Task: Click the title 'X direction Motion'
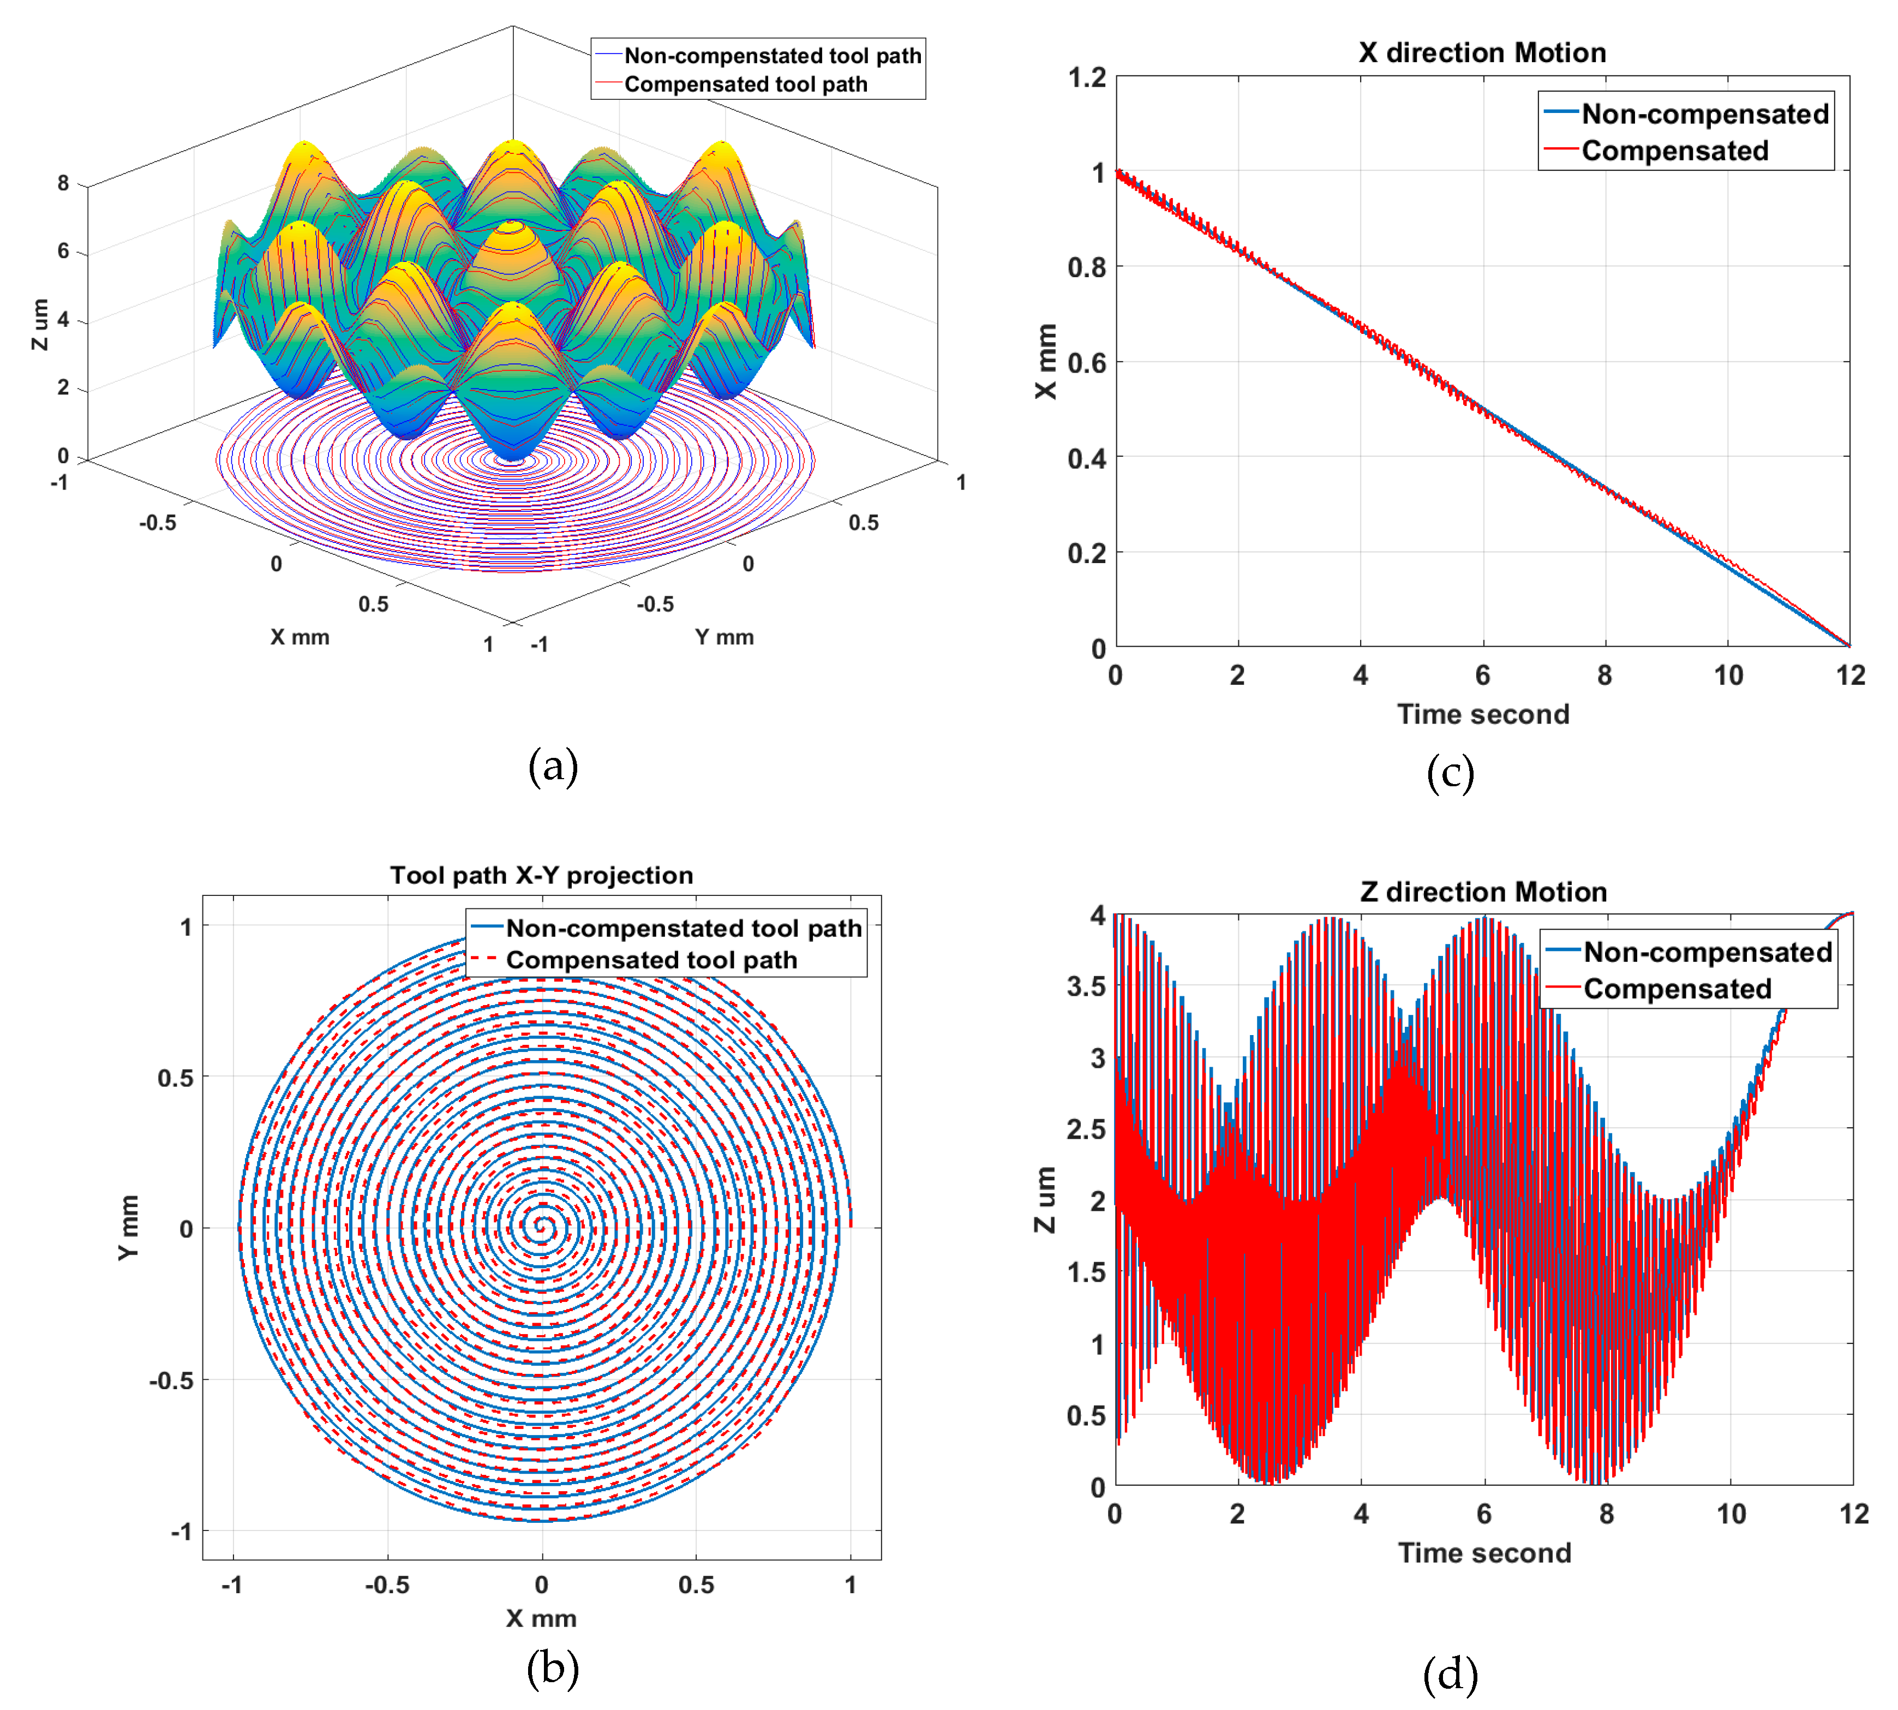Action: tap(1482, 52)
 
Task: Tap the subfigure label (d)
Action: tap(1450, 1673)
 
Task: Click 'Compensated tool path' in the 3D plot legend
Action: tap(745, 85)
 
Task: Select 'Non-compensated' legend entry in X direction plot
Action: tap(1703, 113)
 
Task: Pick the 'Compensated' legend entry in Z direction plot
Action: tap(1677, 989)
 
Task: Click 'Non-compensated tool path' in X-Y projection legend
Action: tap(683, 928)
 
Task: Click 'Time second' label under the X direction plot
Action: tap(1482, 714)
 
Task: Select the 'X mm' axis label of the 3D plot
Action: tap(300, 637)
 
